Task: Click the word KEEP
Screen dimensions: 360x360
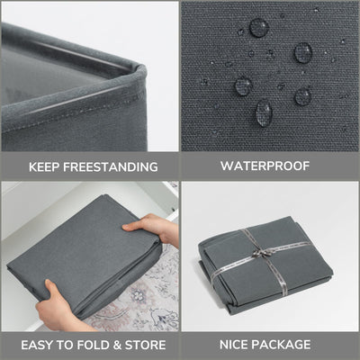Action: pos(44,167)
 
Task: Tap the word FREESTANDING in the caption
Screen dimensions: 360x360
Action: pos(111,167)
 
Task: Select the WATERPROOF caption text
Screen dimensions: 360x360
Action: pos(265,166)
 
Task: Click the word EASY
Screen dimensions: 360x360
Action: pos(37,345)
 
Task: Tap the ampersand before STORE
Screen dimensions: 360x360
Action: pos(117,345)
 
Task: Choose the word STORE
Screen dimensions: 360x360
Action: pos(145,345)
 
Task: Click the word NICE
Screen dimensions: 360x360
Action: pos(234,345)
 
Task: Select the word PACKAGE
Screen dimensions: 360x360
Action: pos(281,345)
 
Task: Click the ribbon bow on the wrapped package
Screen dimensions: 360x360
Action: pos(260,253)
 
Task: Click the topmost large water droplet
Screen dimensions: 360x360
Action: pos(259,28)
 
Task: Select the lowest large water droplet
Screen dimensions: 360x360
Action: pos(265,112)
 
